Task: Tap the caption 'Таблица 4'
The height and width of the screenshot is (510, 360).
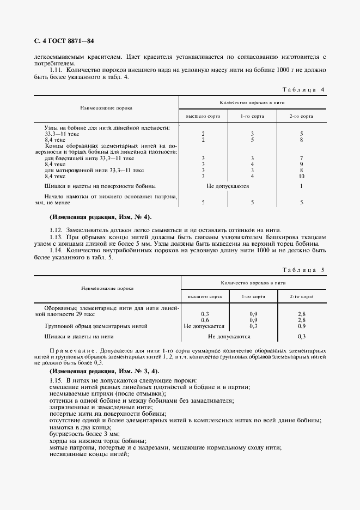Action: tap(305, 89)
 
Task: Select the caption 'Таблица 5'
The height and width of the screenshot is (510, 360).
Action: tap(305, 270)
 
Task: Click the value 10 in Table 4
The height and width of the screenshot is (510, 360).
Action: tap(301, 176)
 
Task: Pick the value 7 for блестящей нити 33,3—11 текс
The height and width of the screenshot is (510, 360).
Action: tap(301, 158)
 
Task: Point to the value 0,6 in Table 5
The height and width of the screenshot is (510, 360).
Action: tap(205, 320)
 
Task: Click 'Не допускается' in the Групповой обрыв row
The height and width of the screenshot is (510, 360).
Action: tap(204, 326)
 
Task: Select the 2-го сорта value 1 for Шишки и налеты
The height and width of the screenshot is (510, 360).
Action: tap(301, 186)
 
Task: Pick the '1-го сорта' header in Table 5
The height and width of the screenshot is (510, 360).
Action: tap(253, 296)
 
